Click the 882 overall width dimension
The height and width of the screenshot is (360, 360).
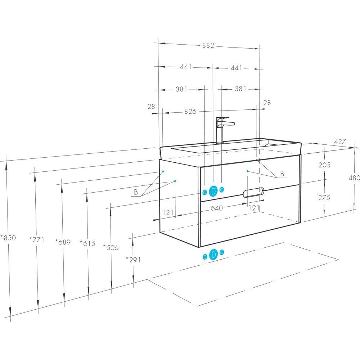tap(208, 45)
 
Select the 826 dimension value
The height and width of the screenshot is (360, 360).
tap(190, 111)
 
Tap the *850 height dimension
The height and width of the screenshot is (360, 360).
tap(8, 238)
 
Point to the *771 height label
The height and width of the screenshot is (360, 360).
tap(37, 240)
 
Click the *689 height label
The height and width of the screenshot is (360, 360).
tap(63, 242)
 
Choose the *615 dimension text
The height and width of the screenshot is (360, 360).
tap(87, 243)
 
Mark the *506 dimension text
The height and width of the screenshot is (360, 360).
tap(111, 247)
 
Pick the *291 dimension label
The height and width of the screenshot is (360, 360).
tap(134, 260)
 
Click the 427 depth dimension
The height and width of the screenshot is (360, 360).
tap(340, 141)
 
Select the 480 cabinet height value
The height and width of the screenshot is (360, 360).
tap(354, 178)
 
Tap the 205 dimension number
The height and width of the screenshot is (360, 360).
tap(324, 165)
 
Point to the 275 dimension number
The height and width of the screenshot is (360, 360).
tap(324, 197)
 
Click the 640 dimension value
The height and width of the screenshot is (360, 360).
tap(217, 208)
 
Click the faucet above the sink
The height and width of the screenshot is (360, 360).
tap(223, 130)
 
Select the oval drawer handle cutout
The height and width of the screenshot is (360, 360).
tap(253, 192)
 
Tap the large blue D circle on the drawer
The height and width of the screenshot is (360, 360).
tap(213, 191)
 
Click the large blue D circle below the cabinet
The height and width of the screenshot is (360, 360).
tap(213, 255)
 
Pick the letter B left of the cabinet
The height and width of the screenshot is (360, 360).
tap(136, 192)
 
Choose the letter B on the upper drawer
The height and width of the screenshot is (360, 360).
tap(282, 174)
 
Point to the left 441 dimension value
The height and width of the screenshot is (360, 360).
tap(185, 67)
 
